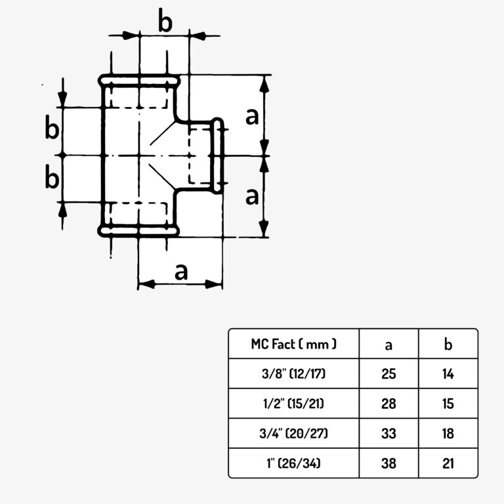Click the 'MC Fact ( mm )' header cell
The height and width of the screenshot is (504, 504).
coord(294,344)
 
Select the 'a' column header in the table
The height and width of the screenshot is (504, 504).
coord(388,345)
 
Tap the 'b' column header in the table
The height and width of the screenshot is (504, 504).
coord(448,344)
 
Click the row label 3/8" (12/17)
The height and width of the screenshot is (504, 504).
coord(294,373)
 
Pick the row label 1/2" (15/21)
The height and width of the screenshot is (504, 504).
coord(294,404)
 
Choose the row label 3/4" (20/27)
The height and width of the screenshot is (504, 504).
coord(294,433)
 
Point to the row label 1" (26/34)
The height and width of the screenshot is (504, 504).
coord(294,463)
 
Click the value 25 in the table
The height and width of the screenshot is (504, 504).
coord(388,374)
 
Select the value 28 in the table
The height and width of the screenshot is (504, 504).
coord(388,404)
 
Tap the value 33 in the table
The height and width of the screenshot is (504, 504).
coord(388,434)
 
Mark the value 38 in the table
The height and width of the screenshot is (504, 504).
coord(388,463)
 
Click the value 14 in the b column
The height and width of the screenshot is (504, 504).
coord(448,374)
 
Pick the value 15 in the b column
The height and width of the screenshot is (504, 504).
coord(448,404)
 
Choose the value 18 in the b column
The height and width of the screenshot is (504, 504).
coord(448,434)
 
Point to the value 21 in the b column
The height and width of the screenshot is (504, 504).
coord(448,463)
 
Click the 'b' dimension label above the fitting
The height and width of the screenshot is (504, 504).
coord(165,21)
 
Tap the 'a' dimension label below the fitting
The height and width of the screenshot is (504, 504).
coord(181,272)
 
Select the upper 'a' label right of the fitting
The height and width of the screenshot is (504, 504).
coord(252,117)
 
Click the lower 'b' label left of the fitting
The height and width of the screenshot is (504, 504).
coord(52,176)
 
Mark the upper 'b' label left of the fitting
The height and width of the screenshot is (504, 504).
coord(52,127)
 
